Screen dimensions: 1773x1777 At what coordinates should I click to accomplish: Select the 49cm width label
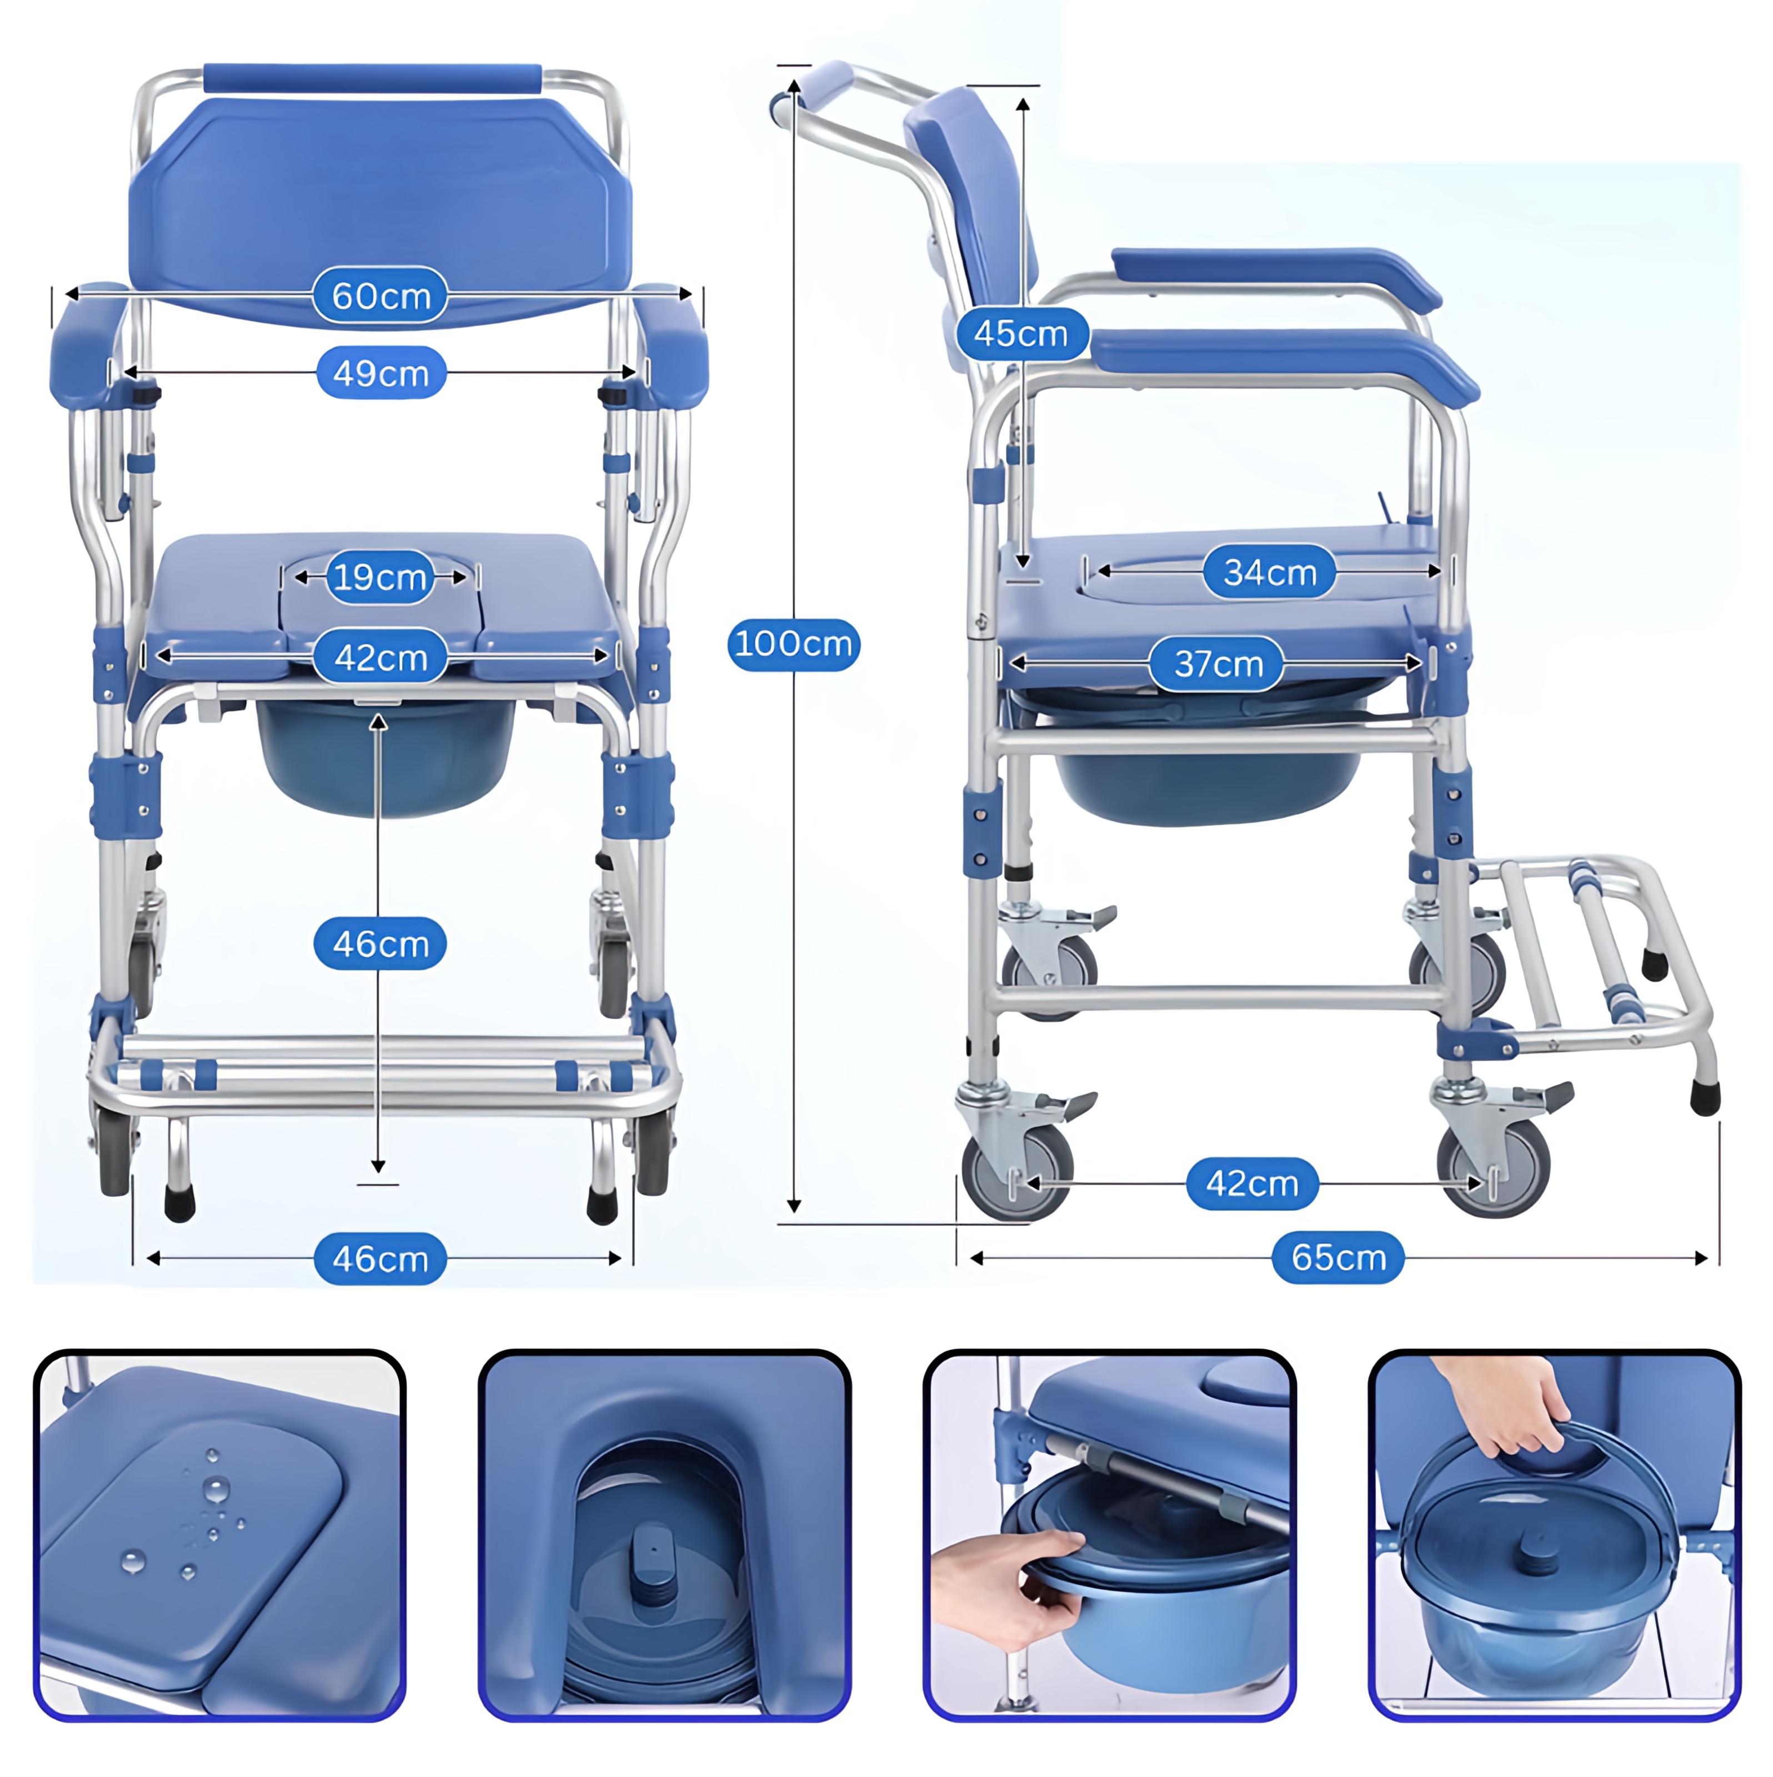coord(381,373)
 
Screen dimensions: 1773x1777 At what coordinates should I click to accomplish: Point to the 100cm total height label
coord(793,644)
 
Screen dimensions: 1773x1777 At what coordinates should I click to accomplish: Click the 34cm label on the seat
coord(1270,572)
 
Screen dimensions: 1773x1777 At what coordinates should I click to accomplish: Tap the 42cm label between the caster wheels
coord(1251,1184)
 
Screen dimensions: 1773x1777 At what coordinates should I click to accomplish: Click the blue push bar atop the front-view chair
coord(373,78)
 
